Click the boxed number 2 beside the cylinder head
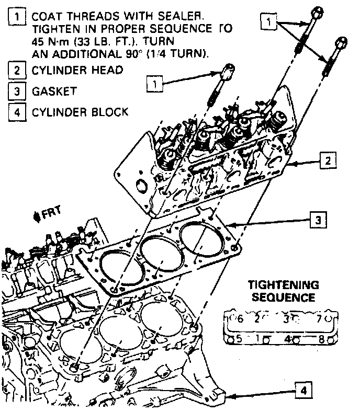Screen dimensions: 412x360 click(328, 161)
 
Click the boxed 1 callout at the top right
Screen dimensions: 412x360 click(268, 22)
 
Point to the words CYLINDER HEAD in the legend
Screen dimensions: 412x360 click(77, 70)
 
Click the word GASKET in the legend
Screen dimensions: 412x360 click(54, 91)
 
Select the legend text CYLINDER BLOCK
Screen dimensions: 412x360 click(80, 112)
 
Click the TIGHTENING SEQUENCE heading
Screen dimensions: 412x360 click(283, 292)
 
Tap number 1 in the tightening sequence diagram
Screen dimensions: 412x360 click(258, 338)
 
